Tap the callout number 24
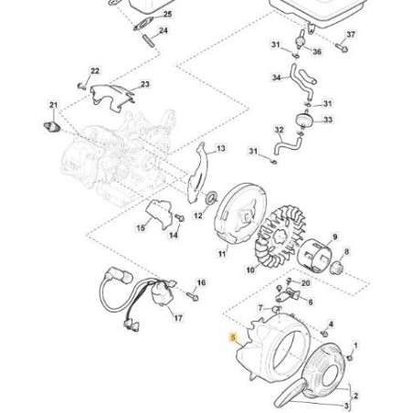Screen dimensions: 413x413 163,31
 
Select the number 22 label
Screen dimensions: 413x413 96,70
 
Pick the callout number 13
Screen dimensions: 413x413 219,147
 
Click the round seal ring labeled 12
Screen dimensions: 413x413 210,196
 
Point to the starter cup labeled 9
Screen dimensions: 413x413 220,252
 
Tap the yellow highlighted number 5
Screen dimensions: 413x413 234,336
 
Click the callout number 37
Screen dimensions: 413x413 351,35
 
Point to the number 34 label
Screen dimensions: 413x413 276,79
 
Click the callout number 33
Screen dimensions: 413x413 328,120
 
